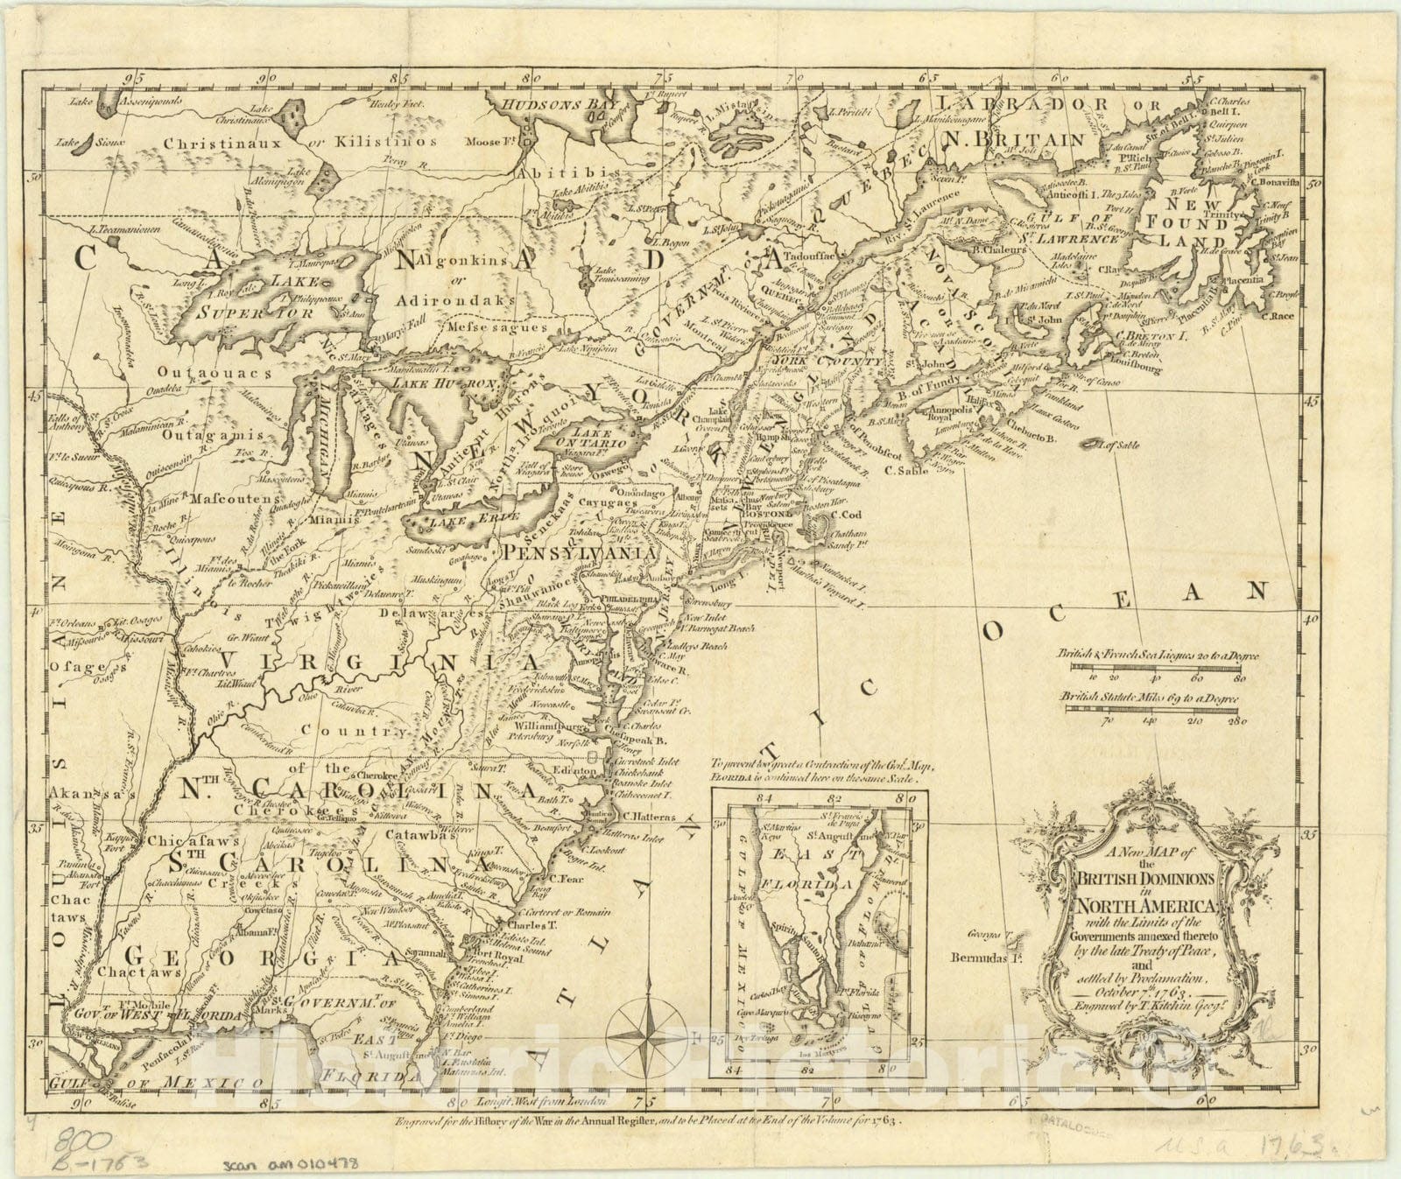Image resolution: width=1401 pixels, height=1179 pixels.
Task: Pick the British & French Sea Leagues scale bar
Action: coord(1154,666)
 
